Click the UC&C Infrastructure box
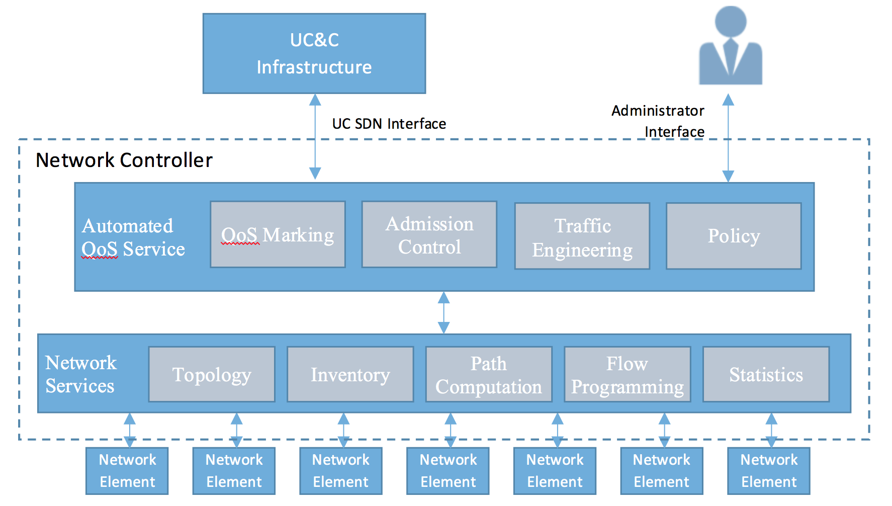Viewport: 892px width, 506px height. [314, 53]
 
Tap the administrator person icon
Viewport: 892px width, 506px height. [731, 46]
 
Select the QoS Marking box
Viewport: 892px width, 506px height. [278, 234]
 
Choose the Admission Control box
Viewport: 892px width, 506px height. [429, 234]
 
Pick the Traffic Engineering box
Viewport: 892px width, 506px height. [582, 236]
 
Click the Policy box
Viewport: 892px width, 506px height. [733, 236]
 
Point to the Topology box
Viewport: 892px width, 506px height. [212, 374]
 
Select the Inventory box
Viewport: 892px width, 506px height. [350, 374]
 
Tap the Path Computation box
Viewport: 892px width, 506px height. [489, 374]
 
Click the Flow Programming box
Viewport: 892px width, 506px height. [627, 374]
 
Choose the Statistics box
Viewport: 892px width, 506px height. [766, 374]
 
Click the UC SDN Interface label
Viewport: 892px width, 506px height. [389, 124]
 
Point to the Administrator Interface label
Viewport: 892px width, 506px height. [659, 121]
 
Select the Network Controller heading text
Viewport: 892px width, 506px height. [124, 160]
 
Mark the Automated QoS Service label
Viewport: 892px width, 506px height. [133, 237]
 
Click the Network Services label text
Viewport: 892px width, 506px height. [81, 374]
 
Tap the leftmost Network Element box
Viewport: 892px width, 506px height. [127, 471]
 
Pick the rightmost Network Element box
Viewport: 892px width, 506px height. [769, 471]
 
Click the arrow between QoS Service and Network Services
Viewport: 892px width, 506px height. [443, 312]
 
